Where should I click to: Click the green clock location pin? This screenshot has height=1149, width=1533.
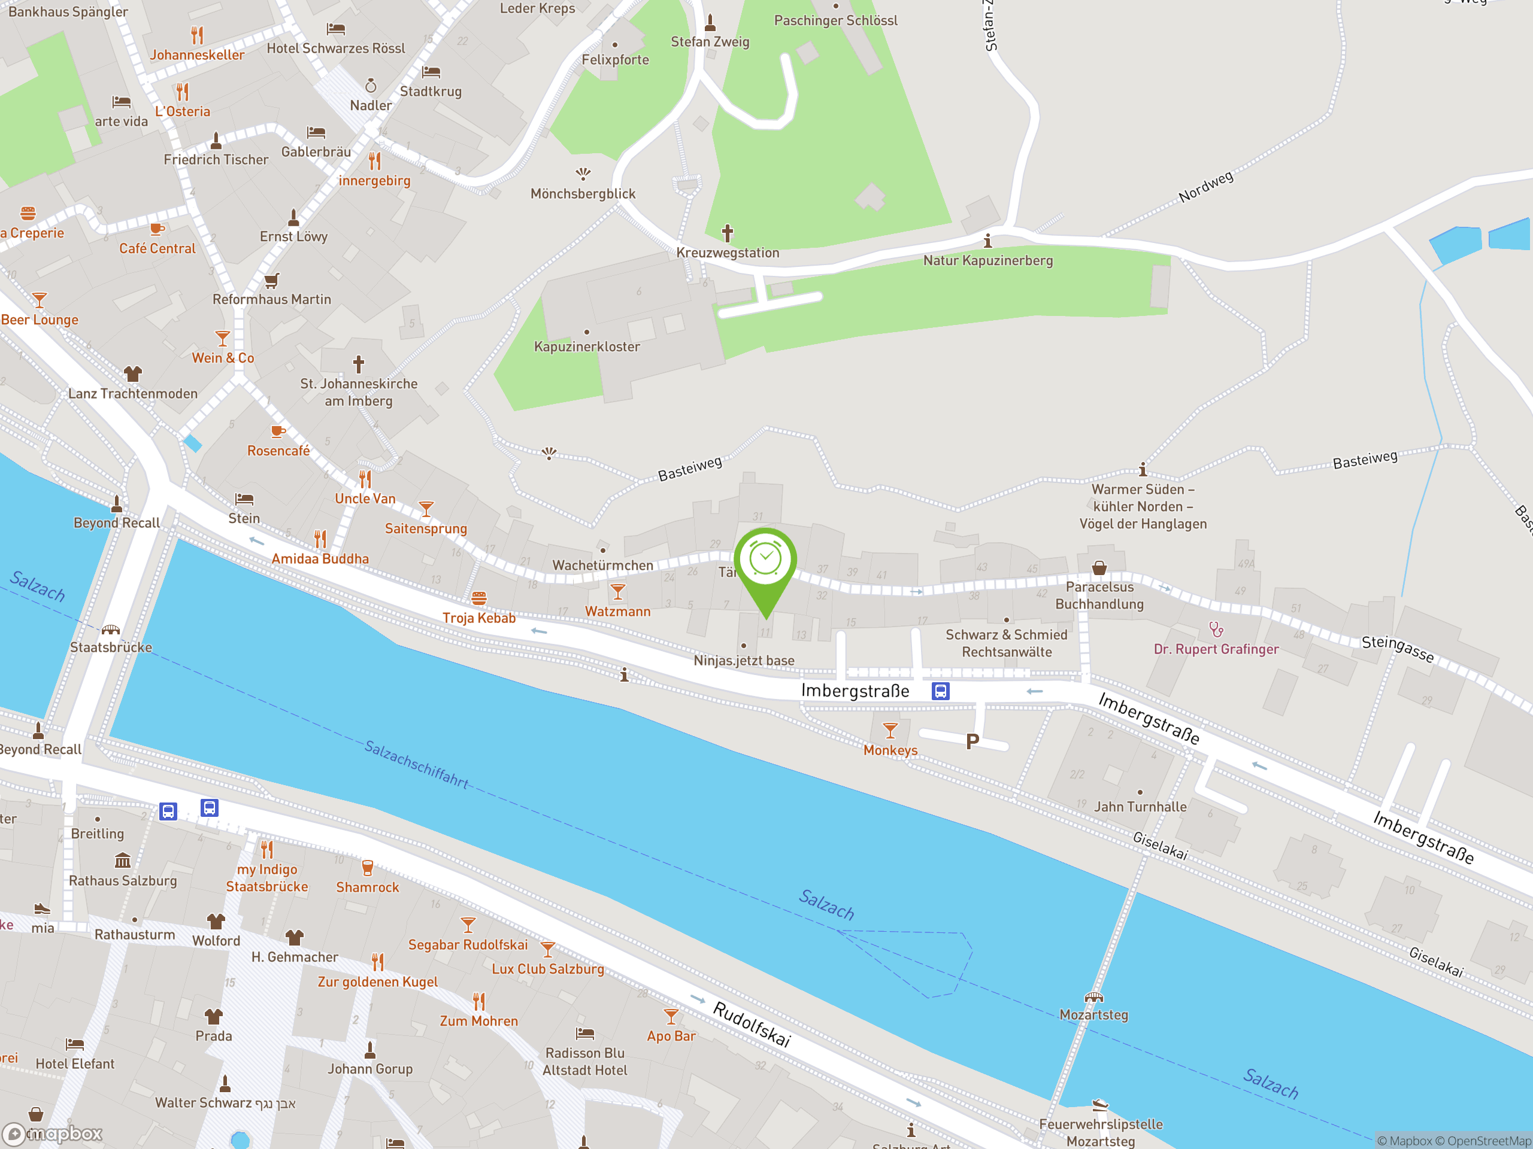(x=765, y=560)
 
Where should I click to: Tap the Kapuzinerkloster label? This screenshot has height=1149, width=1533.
(x=586, y=346)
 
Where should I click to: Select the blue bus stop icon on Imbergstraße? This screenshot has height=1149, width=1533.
(x=940, y=691)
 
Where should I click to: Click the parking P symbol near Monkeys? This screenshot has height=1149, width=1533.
(x=972, y=741)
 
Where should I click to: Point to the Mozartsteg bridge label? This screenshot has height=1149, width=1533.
(x=1093, y=1014)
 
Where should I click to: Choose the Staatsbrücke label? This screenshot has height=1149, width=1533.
(x=111, y=647)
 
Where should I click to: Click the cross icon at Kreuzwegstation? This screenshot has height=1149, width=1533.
(x=727, y=233)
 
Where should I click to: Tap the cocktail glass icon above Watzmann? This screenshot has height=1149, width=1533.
(x=617, y=591)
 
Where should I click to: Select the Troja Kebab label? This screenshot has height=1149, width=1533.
(x=479, y=618)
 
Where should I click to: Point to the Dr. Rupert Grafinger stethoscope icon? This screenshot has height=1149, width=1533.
(x=1216, y=629)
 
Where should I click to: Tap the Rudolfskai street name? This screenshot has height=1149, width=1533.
(x=752, y=1024)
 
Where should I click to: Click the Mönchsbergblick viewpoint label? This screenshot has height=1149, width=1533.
(x=583, y=194)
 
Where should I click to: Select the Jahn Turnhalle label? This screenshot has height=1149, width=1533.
(x=1140, y=806)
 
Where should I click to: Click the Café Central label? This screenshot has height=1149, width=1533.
(x=157, y=248)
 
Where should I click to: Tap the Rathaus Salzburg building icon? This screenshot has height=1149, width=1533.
(x=122, y=860)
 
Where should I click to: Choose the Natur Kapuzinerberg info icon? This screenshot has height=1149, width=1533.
(x=987, y=241)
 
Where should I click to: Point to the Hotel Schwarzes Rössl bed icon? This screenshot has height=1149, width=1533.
(x=335, y=29)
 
